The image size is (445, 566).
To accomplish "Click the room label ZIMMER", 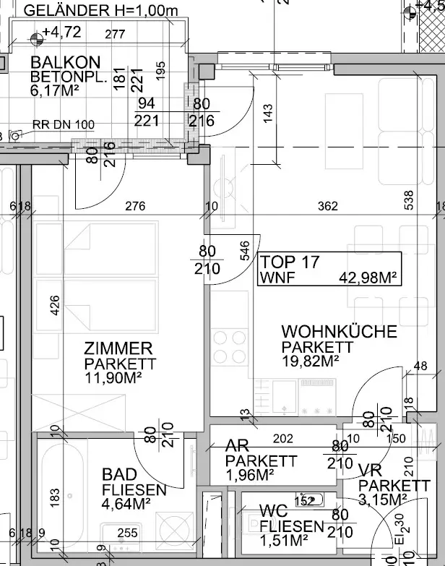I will point(118,348).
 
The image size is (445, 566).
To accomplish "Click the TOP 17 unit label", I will point(290,262).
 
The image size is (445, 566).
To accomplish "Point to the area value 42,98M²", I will point(369,276).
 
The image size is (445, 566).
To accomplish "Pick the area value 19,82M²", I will point(310,360).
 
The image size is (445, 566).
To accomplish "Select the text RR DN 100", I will point(64,125).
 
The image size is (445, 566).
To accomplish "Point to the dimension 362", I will point(328,206).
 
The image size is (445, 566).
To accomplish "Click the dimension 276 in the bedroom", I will point(135,206).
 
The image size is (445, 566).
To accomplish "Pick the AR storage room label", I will point(238,445).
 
